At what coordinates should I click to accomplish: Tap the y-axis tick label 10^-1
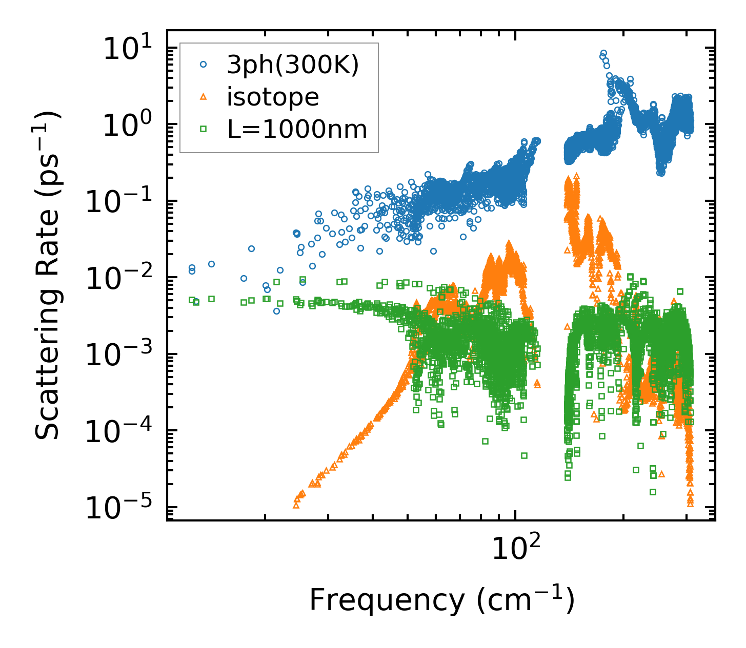123,202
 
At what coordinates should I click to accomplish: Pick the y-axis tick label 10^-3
123,355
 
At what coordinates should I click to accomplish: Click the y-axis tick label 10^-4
123,431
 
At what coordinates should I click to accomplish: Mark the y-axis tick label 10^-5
123,508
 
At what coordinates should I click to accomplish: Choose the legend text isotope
273,97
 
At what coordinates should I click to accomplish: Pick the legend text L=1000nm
297,129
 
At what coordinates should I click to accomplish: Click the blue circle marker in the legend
204,65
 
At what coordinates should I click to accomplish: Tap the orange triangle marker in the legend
204,96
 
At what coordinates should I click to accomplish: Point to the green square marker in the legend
204,129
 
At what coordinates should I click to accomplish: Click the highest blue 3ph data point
603,53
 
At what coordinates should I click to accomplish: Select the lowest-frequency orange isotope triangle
296,505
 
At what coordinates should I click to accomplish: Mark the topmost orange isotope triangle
576,176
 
